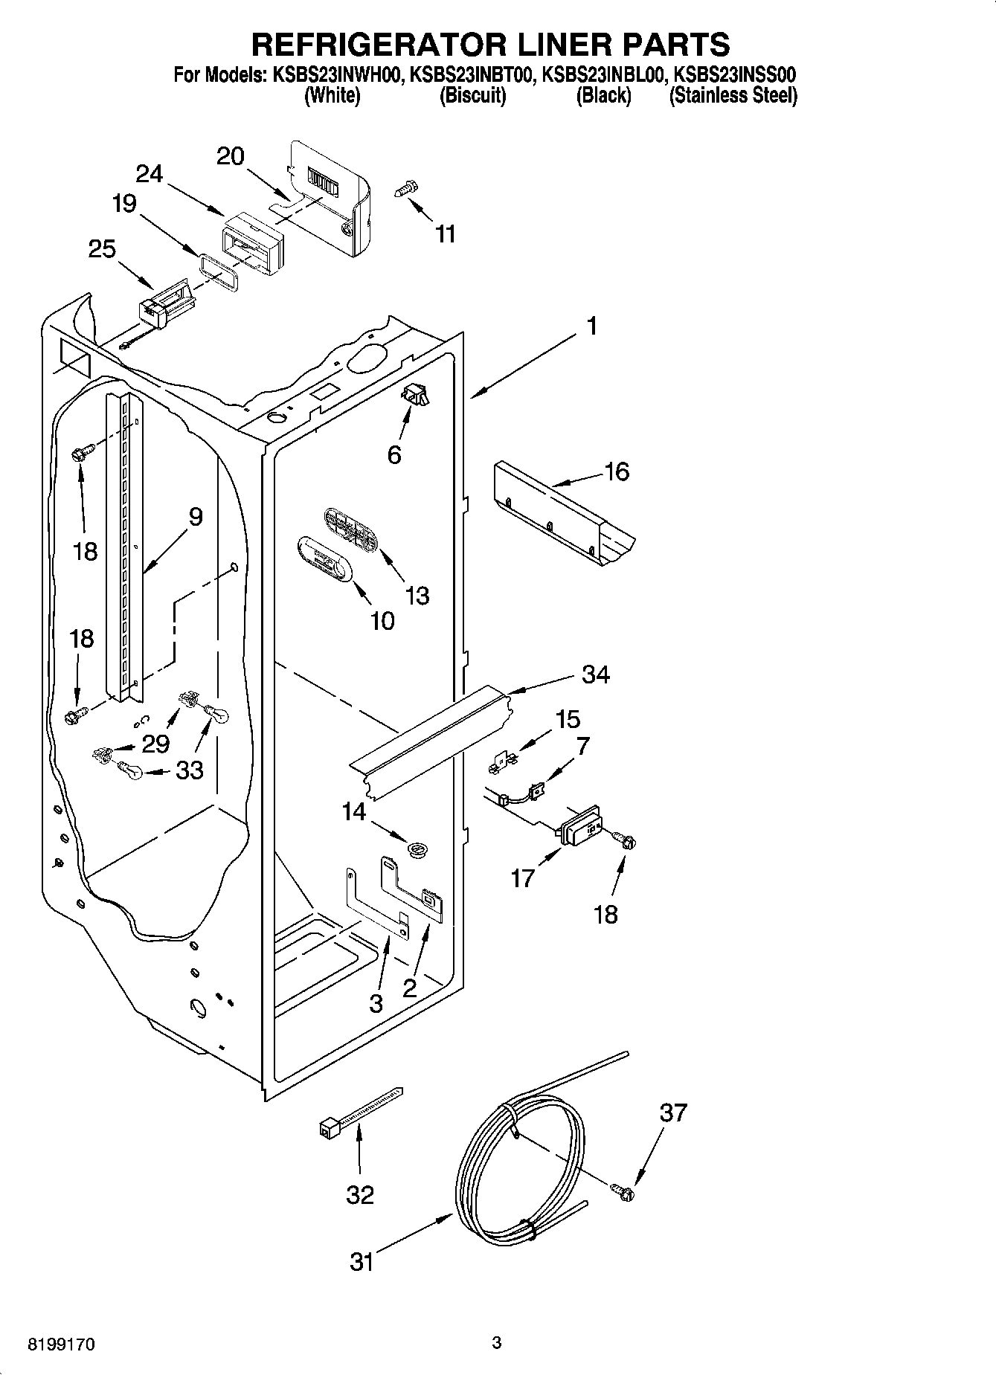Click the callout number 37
tap(673, 1112)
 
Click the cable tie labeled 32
tap(359, 1113)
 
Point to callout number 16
tap(617, 471)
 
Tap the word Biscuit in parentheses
tap(472, 95)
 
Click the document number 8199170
tap(61, 1345)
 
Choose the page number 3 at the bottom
tap(497, 1342)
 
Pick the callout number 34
tap(595, 674)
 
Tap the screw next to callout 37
tap(623, 1192)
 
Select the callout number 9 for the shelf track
tap(195, 517)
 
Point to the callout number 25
tap(102, 248)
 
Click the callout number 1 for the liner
tap(592, 326)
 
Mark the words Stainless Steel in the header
tap(733, 95)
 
